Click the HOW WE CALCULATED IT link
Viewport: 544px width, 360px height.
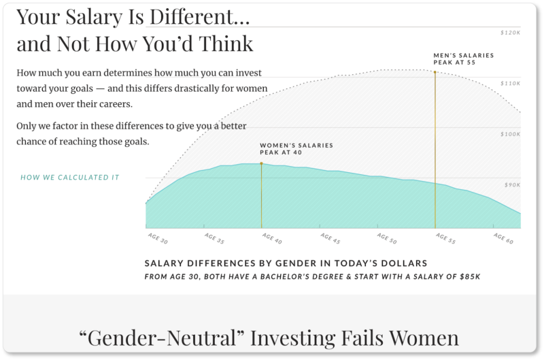coord(70,178)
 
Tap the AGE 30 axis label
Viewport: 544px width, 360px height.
coord(158,238)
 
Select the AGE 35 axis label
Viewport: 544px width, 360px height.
coord(214,238)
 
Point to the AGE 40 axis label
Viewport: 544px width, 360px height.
coord(272,238)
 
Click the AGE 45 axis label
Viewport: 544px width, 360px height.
coord(330,238)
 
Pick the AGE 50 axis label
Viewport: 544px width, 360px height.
coord(387,238)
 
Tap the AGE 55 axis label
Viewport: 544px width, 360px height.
coord(446,238)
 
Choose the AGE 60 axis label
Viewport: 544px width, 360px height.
coord(503,238)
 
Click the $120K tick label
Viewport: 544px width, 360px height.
coord(511,33)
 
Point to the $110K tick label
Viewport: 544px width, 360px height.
coord(511,83)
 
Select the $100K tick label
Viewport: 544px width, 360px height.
coord(511,134)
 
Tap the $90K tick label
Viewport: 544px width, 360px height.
coord(513,184)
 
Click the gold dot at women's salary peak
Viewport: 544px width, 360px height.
coord(261,163)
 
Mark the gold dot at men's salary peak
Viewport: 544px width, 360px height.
coord(435,72)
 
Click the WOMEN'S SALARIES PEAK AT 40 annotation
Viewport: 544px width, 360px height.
coord(296,149)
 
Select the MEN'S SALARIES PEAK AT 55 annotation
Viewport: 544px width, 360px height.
coord(464,59)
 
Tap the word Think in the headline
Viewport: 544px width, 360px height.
coord(226,44)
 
